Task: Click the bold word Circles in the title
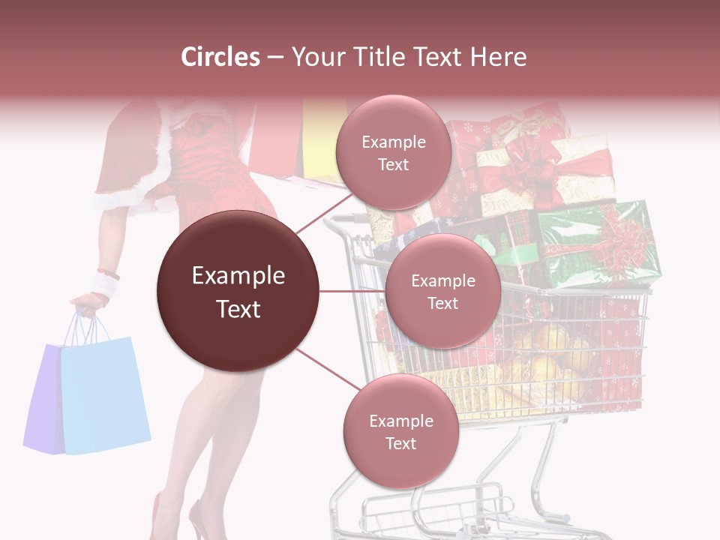coord(220,57)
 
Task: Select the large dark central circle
coord(238,291)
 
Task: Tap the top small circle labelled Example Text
coord(393,152)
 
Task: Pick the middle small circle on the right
coord(442,291)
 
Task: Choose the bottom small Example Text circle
coord(400,431)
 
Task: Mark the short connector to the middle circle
coord(352,291)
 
